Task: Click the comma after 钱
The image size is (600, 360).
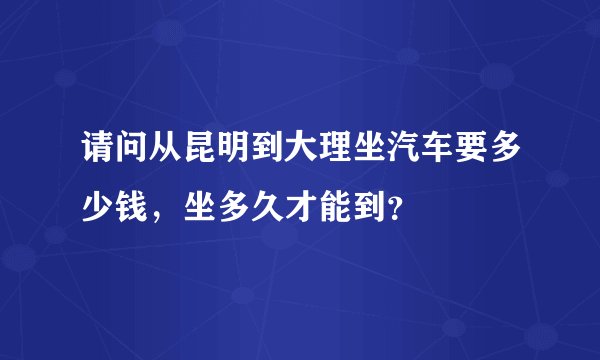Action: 160,216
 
